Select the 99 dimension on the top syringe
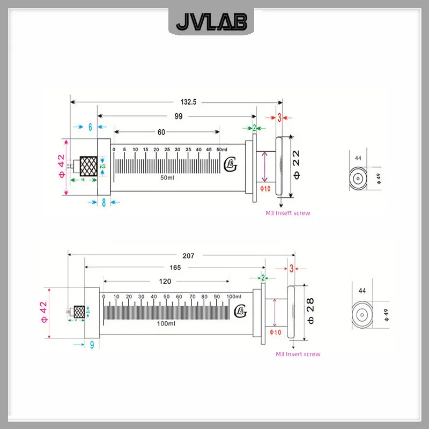[x=178, y=116]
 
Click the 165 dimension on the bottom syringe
[x=175, y=267]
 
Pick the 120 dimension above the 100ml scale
[x=165, y=282]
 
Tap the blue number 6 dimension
[x=90, y=127]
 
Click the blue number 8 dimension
[x=104, y=203]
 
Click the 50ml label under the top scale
[x=168, y=177]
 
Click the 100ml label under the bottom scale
[x=166, y=324]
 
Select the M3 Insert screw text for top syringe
[x=288, y=213]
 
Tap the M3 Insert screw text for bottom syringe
[x=298, y=354]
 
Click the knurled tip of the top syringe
[x=88, y=166]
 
